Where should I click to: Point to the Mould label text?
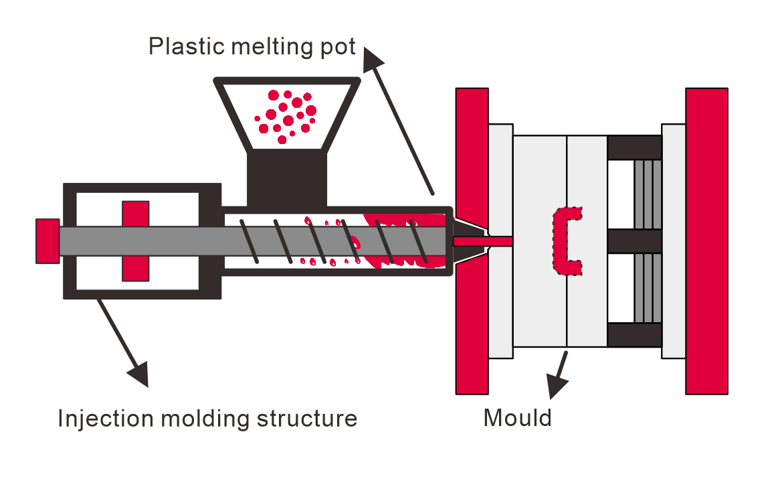517,418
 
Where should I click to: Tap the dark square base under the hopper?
287,177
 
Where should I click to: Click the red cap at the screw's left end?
47,241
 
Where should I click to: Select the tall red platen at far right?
706,241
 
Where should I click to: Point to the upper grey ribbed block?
648,194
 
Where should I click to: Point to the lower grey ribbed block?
648,288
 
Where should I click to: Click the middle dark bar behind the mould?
634,241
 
